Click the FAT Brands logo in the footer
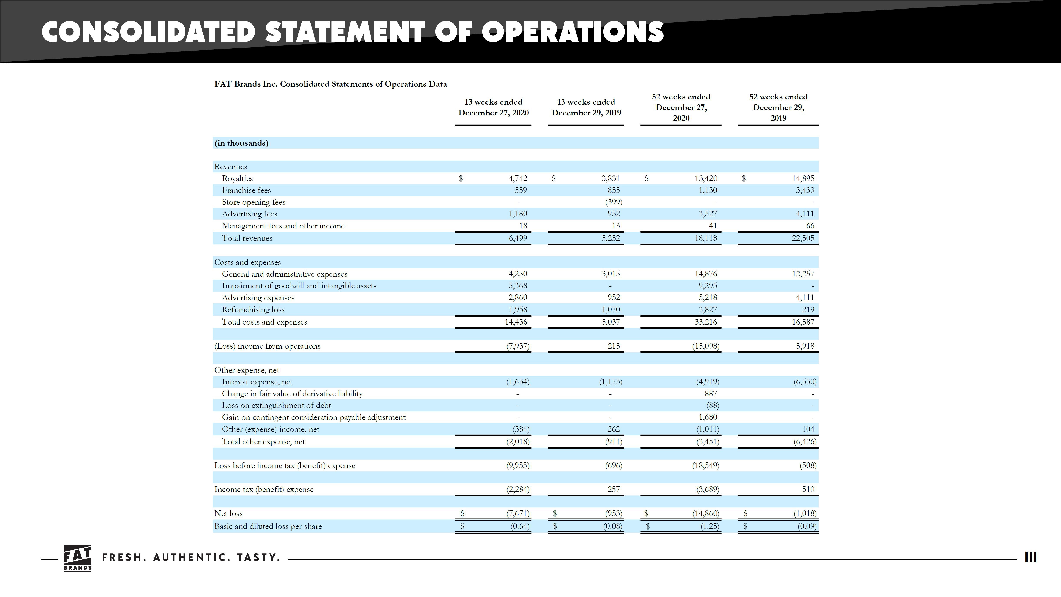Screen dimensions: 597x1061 pyautogui.click(x=78, y=558)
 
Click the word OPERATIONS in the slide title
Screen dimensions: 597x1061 pyautogui.click(x=573, y=32)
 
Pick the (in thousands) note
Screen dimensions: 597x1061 pyautogui.click(x=241, y=143)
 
